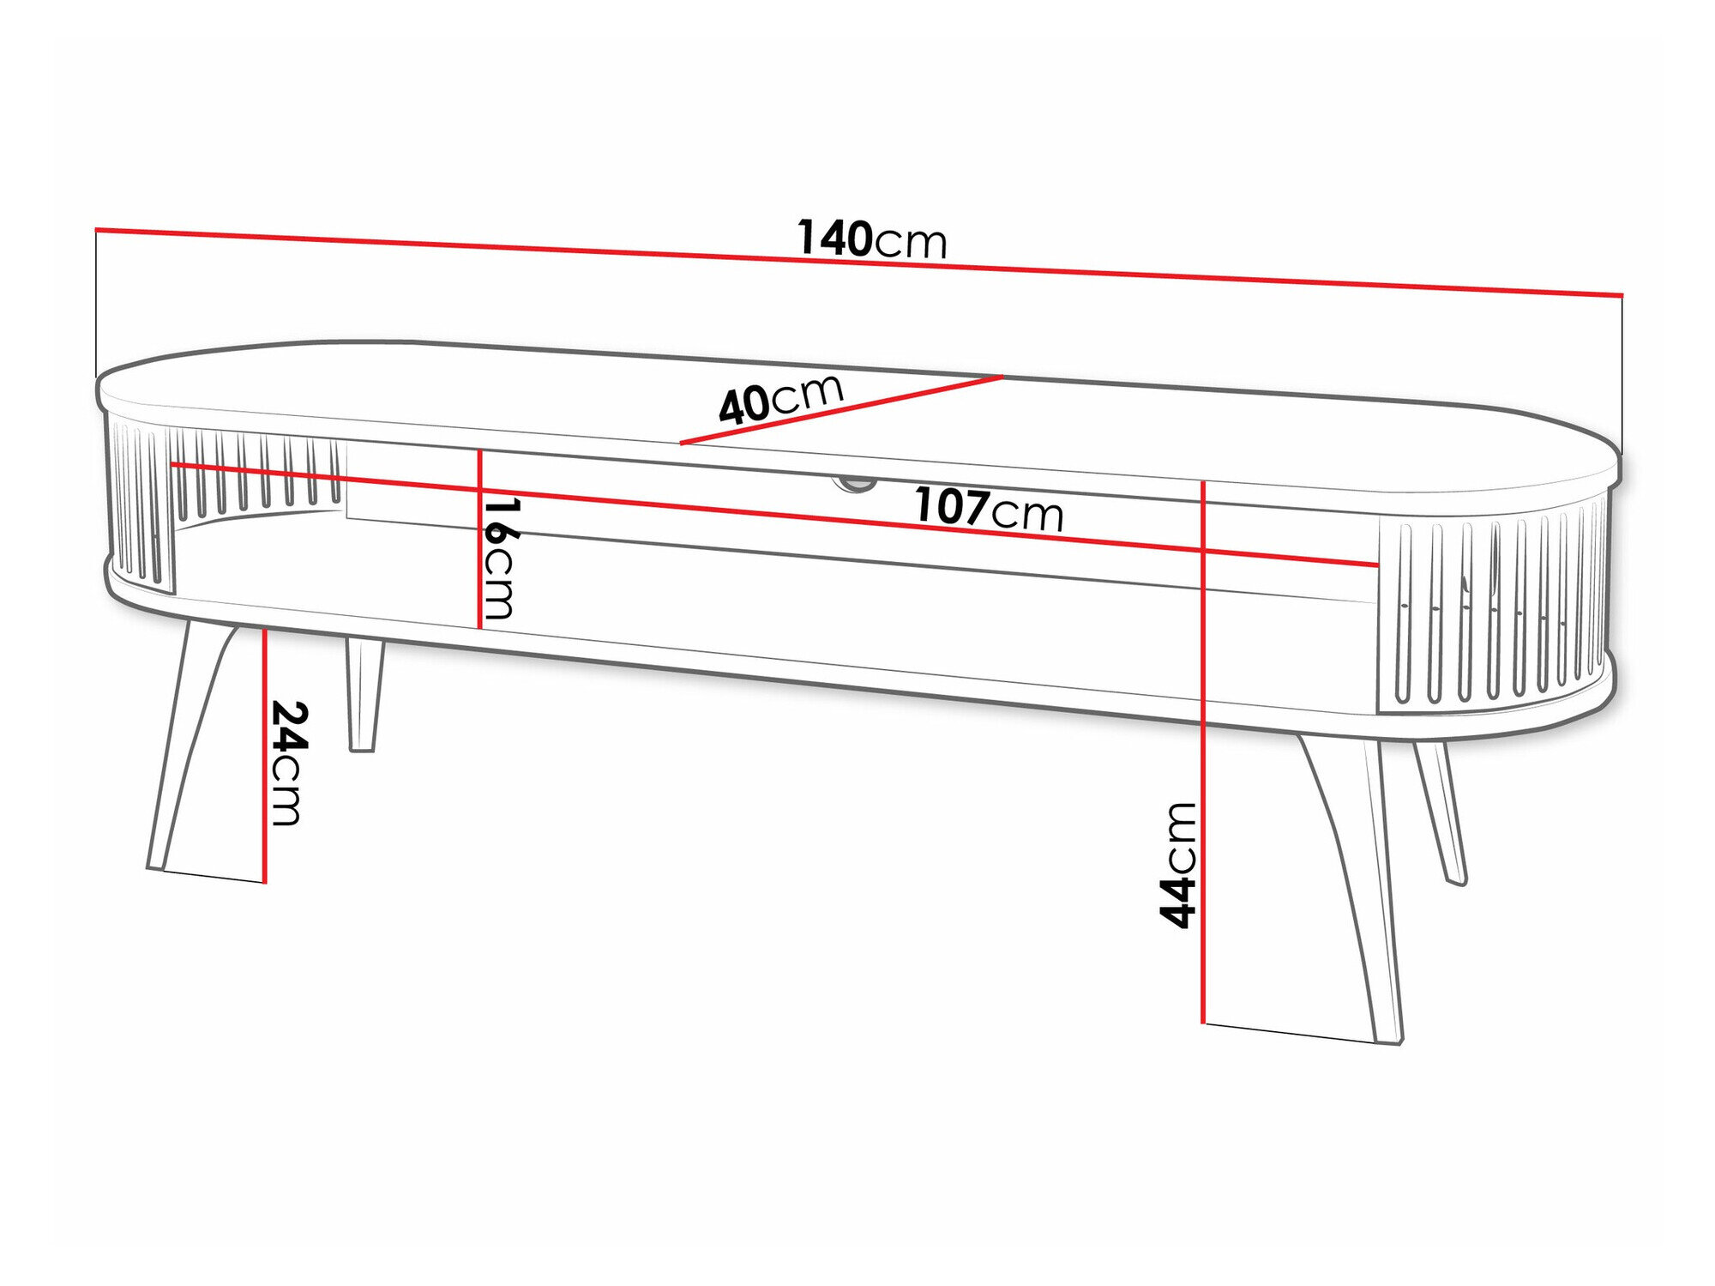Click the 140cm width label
[871, 239]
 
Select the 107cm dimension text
[988, 509]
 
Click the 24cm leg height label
[287, 763]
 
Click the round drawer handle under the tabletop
[854, 486]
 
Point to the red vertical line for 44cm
[1204, 772]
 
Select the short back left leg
[363, 695]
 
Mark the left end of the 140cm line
[97, 229]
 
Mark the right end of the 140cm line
[1622, 295]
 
